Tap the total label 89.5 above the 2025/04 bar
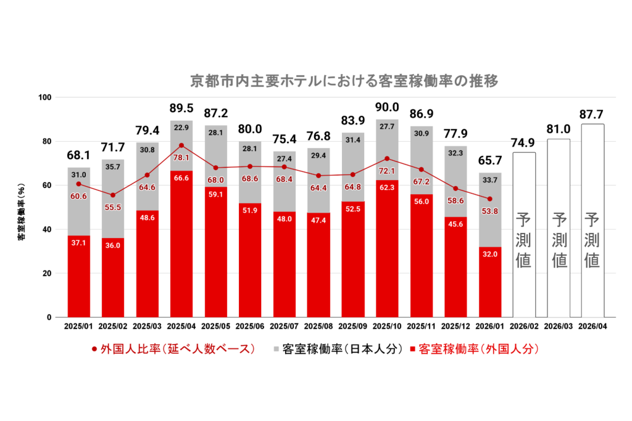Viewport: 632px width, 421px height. coord(181,108)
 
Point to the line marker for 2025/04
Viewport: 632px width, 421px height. coord(181,145)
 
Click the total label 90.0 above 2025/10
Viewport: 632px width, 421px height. coord(387,107)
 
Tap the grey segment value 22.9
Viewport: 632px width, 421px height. coord(181,128)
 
